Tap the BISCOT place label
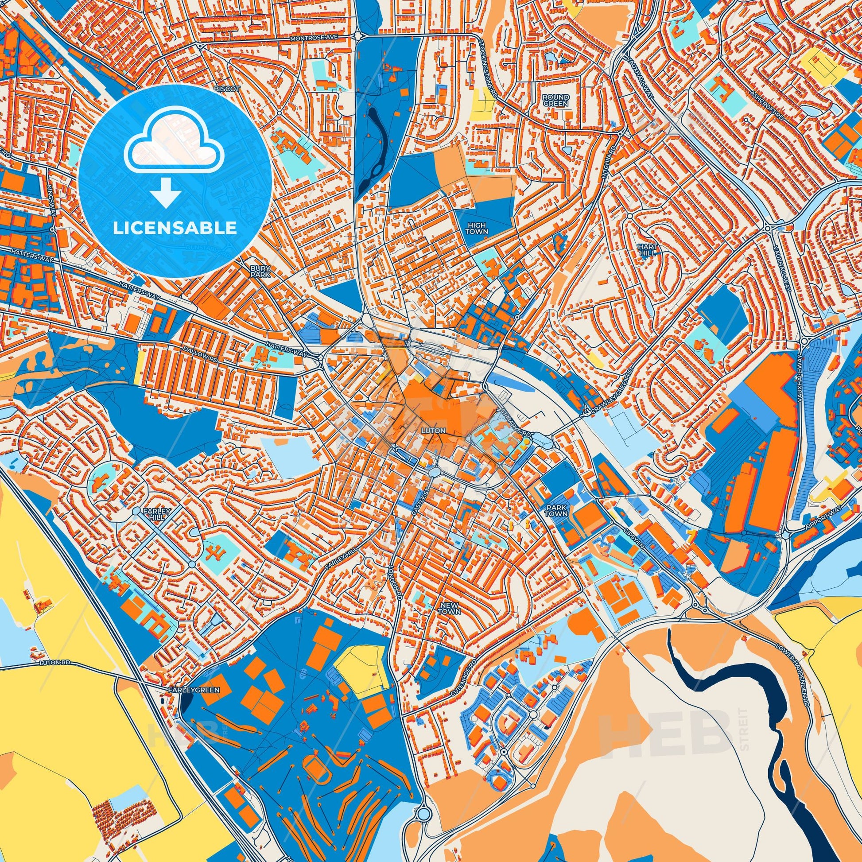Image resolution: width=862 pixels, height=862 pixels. [x=227, y=89]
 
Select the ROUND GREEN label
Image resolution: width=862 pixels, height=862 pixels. [x=555, y=100]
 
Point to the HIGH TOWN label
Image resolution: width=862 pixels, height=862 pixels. [x=477, y=229]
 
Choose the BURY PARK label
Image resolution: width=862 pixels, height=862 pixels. [x=257, y=272]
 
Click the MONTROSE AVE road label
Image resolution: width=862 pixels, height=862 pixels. [x=311, y=39]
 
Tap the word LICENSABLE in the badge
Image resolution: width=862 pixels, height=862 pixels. [x=175, y=228]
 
